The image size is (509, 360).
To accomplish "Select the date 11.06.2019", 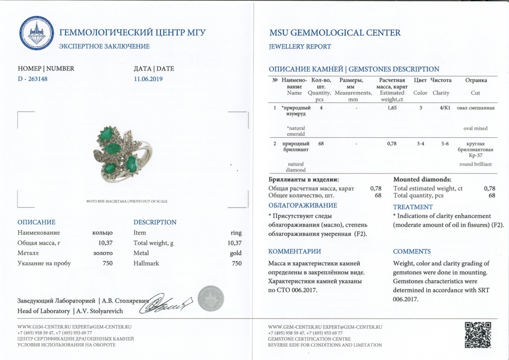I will pos(148,79).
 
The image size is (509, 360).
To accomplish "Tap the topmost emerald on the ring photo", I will pos(106,133).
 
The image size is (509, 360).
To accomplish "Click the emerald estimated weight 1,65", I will pos(392,107).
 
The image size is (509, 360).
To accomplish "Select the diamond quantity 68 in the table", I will pos(321,144).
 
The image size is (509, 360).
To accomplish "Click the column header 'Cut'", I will pos(475,93).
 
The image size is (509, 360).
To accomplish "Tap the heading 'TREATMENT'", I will pos(413,207).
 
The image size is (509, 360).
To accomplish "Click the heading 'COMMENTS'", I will pos(412,252).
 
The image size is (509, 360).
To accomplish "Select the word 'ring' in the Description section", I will pos(236,233).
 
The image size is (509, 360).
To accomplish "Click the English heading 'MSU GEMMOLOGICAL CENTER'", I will pos(335,33).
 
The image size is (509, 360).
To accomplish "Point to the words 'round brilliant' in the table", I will pos(475,164).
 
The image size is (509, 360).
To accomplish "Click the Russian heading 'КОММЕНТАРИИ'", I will pos(294,252).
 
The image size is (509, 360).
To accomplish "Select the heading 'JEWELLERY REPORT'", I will pos(299,47).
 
